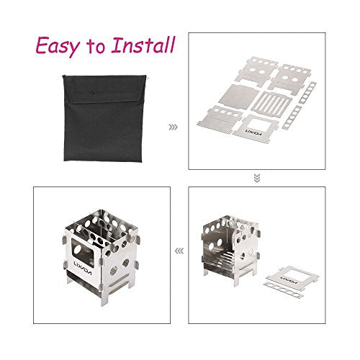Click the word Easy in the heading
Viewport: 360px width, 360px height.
tap(58, 46)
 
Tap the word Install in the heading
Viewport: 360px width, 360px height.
tap(143, 45)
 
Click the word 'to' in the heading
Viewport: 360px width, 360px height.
tap(96, 47)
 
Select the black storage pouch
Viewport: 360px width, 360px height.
tap(104, 118)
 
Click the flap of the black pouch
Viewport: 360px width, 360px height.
tap(104, 89)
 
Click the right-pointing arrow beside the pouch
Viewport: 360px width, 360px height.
tap(173, 127)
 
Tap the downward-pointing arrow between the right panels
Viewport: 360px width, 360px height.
tap(257, 179)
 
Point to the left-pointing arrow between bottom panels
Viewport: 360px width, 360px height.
tap(179, 251)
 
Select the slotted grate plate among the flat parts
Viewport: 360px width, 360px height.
tap(271, 104)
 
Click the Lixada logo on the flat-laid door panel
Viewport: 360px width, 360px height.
tap(255, 132)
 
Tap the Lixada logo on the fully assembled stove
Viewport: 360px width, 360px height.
tap(82, 269)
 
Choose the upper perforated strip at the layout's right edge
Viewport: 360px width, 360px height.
tap(307, 93)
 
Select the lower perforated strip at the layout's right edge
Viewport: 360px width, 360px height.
tap(292, 117)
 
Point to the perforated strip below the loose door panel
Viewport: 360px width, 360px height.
tap(283, 290)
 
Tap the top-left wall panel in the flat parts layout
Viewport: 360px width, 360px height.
tap(254, 70)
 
